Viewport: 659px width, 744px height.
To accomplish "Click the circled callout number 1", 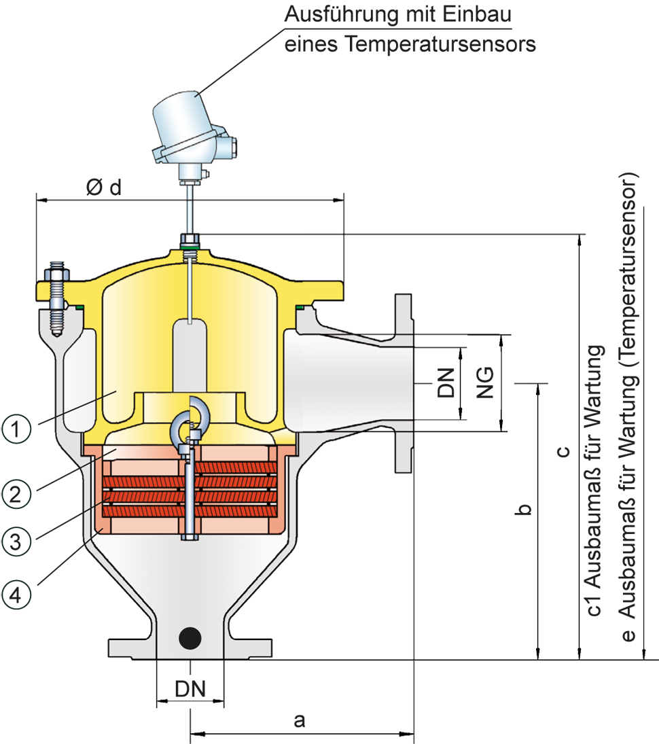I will pyautogui.click(x=16, y=430).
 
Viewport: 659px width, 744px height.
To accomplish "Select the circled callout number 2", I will pyautogui.click(x=16, y=493).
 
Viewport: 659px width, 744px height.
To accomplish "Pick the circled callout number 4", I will pyautogui.click(x=16, y=594).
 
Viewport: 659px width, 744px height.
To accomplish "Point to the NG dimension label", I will pyautogui.click(x=485, y=384).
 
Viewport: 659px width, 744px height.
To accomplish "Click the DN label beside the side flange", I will pyautogui.click(x=446, y=384).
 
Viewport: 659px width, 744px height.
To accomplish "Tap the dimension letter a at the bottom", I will pyautogui.click(x=298, y=721).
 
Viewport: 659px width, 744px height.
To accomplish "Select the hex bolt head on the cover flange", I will pyautogui.click(x=56, y=275).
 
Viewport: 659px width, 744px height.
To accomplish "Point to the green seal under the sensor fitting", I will pyautogui.click(x=190, y=255).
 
